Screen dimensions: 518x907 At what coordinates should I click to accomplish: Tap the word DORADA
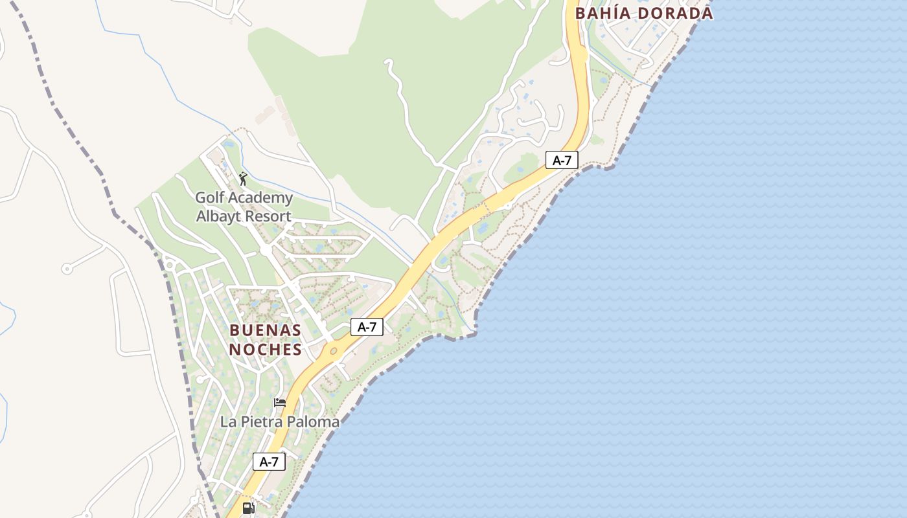[x=676, y=13]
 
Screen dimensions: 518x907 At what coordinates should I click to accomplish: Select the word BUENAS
[x=265, y=331]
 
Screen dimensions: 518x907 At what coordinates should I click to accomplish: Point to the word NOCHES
[x=265, y=350]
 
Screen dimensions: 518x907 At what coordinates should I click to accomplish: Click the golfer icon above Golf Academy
[x=243, y=179]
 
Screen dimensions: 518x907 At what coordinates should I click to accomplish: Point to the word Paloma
[x=314, y=422]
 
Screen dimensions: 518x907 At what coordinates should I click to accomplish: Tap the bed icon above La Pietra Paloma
[x=280, y=403]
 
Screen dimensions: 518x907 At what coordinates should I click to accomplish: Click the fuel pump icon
[x=248, y=508]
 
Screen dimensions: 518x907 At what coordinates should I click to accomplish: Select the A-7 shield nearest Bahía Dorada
[x=562, y=160]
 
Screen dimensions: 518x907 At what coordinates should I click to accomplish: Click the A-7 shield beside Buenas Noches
[x=367, y=327]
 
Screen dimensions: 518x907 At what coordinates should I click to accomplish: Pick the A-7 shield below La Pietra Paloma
[x=269, y=462]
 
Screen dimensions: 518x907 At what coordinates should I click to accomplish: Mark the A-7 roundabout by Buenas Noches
[x=334, y=352]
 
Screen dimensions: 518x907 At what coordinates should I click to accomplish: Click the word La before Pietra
[x=228, y=422]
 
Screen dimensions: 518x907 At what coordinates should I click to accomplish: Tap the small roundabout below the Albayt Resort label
[x=266, y=249]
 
